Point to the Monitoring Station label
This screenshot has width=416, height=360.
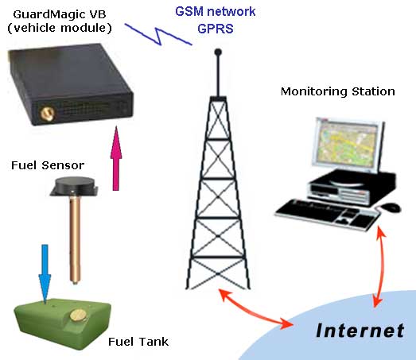point(337,91)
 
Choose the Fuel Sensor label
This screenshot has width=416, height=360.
point(48,165)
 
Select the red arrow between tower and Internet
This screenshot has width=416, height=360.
point(254,310)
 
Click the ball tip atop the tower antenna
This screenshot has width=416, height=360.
point(216,52)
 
